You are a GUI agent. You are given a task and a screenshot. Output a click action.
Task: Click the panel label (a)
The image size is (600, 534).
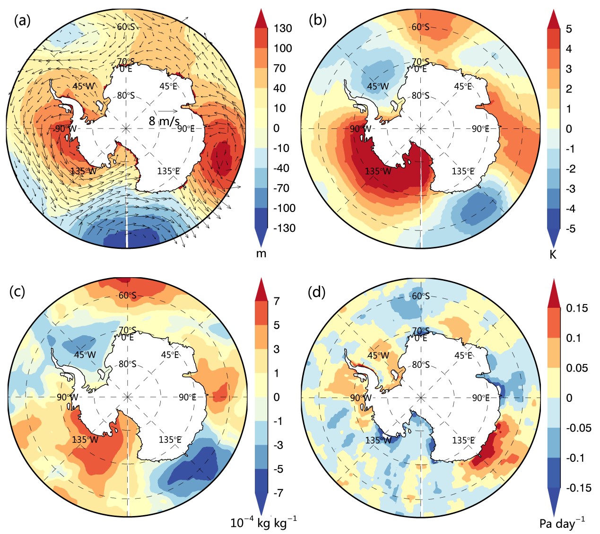(22, 21)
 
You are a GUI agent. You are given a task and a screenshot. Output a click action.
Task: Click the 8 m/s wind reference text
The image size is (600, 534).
(164, 121)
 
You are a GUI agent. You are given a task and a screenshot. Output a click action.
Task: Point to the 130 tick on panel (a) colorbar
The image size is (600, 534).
(283, 28)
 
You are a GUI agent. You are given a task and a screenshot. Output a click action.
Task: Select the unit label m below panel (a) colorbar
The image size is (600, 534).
(261, 254)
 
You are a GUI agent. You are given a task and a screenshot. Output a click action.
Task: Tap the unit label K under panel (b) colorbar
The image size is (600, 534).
(553, 255)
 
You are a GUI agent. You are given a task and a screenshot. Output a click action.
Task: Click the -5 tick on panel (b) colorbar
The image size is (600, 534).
(569, 229)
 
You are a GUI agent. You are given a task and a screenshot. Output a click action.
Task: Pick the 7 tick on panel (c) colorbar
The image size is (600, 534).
(276, 301)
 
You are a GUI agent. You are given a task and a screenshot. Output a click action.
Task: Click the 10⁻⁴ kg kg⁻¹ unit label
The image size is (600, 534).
(263, 522)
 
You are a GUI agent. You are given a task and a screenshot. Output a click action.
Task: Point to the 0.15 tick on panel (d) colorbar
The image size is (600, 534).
(577, 308)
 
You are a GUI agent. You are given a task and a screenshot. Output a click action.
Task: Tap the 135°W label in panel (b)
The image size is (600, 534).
(378, 171)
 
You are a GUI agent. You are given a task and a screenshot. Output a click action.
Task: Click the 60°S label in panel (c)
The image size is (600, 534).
(127, 296)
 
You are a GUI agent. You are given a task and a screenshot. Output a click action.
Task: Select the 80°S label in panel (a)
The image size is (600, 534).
(126, 95)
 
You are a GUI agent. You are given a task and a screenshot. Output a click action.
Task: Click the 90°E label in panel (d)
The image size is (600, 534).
(480, 398)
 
